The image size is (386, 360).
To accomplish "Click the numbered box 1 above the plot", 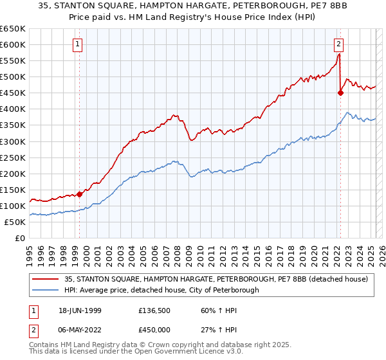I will click(77, 44).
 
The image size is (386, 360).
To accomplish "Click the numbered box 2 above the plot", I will click(338, 44).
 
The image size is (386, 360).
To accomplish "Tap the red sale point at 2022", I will click(340, 93).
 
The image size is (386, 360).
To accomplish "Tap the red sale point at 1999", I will click(80, 194).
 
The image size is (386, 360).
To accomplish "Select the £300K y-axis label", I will click(13, 141).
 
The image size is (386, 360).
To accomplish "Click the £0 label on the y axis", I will click(21, 238).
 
